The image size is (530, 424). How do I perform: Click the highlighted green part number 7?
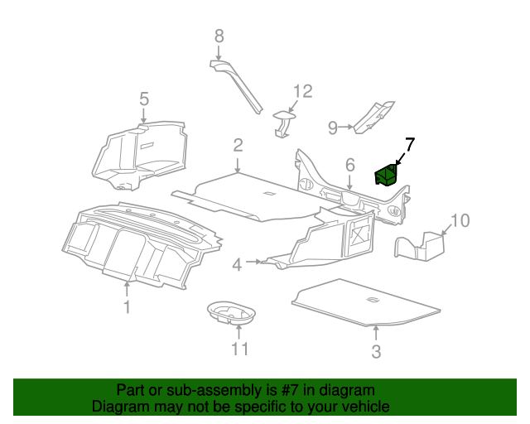click(386, 175)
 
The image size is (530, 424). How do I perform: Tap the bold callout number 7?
click(410, 145)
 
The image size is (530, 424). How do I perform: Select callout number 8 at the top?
click(219, 36)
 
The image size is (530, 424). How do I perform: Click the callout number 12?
click(302, 91)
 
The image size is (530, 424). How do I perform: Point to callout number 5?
click(144, 99)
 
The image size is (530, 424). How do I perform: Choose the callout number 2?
click(238, 145)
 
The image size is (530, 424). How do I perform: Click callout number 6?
click(350, 165)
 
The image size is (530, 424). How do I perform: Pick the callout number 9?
click(333, 128)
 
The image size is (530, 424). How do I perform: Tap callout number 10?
click(460, 220)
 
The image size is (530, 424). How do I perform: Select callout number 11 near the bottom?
click(239, 349)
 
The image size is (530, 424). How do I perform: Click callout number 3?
click(376, 352)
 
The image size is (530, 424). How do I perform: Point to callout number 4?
click(238, 265)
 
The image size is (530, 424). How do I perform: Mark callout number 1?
click(127, 307)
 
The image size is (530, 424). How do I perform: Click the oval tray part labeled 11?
click(231, 312)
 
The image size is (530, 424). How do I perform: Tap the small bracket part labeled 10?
click(419, 247)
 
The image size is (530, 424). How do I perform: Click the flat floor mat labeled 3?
click(366, 303)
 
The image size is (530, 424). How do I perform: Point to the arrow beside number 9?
click(345, 127)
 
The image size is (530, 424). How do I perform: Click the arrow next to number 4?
click(253, 262)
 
